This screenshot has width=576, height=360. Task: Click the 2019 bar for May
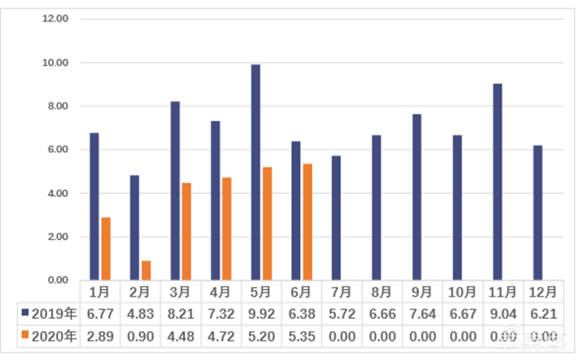click(x=256, y=172)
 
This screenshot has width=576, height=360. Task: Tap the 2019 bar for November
click(x=498, y=181)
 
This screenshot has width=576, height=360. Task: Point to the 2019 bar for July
click(x=336, y=217)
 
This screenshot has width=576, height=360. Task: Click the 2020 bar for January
click(x=106, y=248)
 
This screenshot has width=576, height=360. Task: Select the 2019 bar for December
click(x=538, y=212)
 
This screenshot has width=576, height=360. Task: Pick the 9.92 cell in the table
click(x=261, y=313)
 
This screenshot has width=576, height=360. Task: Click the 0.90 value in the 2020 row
click(x=140, y=335)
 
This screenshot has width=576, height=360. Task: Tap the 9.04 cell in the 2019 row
click(x=503, y=313)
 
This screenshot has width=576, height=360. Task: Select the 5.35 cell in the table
click(x=301, y=335)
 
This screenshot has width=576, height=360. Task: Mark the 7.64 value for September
click(x=422, y=313)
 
